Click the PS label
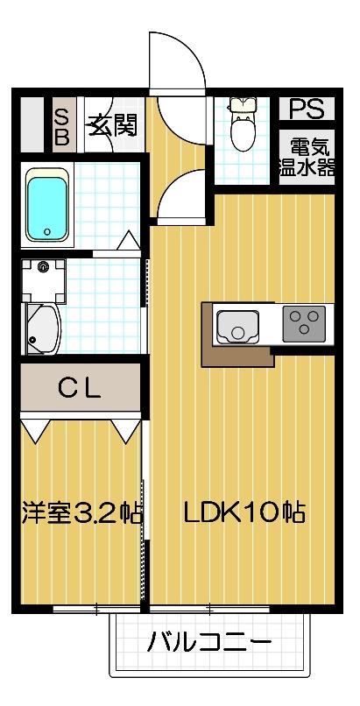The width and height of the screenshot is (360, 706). point(307,109)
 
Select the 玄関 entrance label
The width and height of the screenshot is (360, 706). point(111,124)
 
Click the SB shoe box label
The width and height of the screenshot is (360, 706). point(64,125)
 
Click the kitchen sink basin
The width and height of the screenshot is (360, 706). point(237,326)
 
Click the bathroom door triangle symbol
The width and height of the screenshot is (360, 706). point(128,239)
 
